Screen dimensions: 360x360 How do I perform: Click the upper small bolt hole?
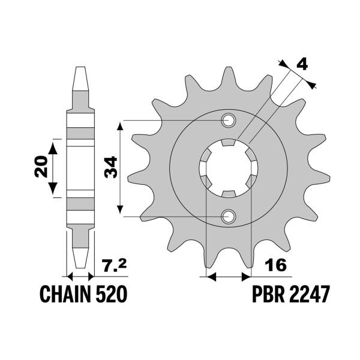coord(229,121)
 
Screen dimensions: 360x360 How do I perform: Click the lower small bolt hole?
coord(229,216)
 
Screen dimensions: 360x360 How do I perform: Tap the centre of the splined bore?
coord(229,169)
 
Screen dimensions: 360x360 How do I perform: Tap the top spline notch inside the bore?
coord(229,143)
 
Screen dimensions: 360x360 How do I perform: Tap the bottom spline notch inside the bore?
coord(229,194)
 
